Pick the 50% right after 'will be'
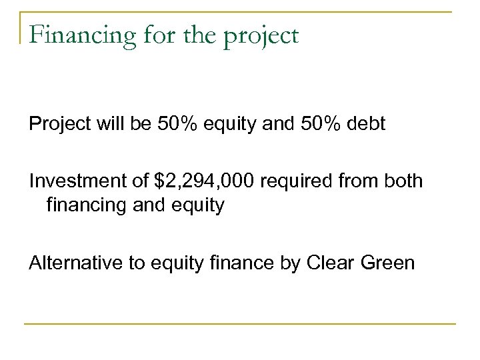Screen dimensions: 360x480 (173, 123)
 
